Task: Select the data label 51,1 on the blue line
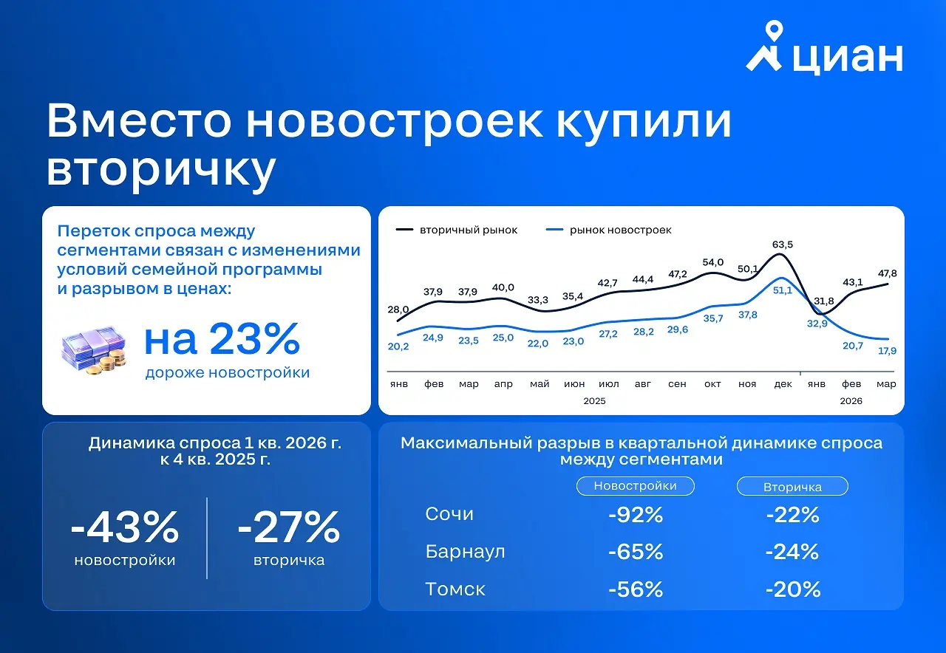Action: pos(782,290)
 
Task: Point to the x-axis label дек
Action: pos(783,384)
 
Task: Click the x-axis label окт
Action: pos(712,384)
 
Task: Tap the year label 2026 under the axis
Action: pos(851,400)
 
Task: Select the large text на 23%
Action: pos(222,339)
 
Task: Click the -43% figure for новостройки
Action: pos(125,527)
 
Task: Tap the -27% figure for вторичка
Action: pos(288,527)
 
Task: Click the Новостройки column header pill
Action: pos(635,486)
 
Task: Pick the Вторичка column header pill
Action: pos(792,487)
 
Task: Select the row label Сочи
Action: pos(449,514)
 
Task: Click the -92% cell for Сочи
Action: pos(636,515)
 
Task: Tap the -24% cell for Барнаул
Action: pos(792,552)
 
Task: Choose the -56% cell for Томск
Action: pos(636,589)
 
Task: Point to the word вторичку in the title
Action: pos(161,169)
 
